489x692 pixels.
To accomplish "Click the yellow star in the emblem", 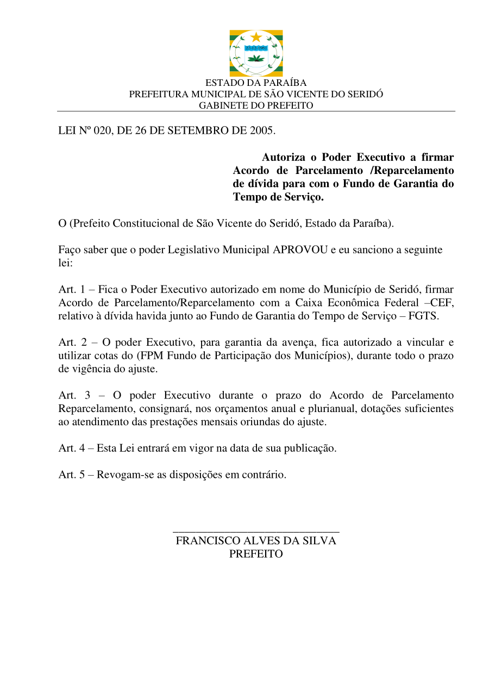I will (x=256, y=37).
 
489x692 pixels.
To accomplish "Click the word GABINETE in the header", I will (x=218, y=105).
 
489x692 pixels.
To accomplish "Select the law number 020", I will (x=102, y=130).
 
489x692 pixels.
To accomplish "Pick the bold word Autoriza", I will (x=284, y=158).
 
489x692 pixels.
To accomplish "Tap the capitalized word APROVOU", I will (x=300, y=250).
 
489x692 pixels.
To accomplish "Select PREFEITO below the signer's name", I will (x=256, y=554).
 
